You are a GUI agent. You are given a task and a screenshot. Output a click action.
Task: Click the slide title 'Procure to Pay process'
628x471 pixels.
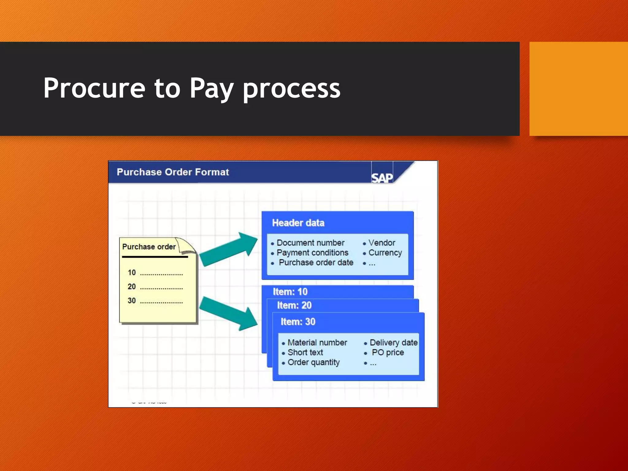(x=192, y=88)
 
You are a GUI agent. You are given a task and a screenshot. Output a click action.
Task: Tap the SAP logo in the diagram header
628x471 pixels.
(x=382, y=178)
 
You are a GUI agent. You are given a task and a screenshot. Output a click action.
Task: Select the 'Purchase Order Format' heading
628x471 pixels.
(x=173, y=172)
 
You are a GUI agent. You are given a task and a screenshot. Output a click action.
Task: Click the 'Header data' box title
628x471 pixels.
(x=298, y=223)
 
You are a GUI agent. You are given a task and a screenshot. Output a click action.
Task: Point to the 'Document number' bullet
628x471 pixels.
(x=310, y=243)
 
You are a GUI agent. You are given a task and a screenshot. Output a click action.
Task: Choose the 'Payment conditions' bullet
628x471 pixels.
(x=312, y=253)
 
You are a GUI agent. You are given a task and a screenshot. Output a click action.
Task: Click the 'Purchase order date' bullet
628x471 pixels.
(x=316, y=262)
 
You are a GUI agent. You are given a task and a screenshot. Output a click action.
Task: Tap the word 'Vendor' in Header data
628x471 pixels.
(x=382, y=243)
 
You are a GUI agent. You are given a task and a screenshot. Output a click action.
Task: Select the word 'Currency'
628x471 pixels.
(x=385, y=253)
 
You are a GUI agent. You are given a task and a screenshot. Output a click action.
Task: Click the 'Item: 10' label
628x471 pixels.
(x=290, y=292)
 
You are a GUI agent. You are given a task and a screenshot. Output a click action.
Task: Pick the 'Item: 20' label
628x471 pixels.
(x=294, y=305)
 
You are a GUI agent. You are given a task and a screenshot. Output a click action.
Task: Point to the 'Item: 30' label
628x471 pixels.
(x=298, y=322)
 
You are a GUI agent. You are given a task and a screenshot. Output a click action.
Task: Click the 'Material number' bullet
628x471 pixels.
(x=317, y=343)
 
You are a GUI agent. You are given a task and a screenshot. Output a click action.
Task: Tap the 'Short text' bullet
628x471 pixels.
(x=305, y=352)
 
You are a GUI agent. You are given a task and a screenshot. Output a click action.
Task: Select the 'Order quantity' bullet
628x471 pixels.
(x=313, y=362)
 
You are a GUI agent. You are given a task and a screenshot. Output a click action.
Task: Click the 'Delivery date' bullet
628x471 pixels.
(x=393, y=343)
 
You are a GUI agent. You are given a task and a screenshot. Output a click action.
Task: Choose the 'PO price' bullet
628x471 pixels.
(x=388, y=352)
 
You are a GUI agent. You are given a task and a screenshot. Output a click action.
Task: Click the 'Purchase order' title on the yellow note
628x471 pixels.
(x=149, y=247)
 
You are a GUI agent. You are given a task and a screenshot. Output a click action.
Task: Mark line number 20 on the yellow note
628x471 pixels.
(x=132, y=287)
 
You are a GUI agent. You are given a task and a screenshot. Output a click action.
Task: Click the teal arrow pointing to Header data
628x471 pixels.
(x=228, y=250)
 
